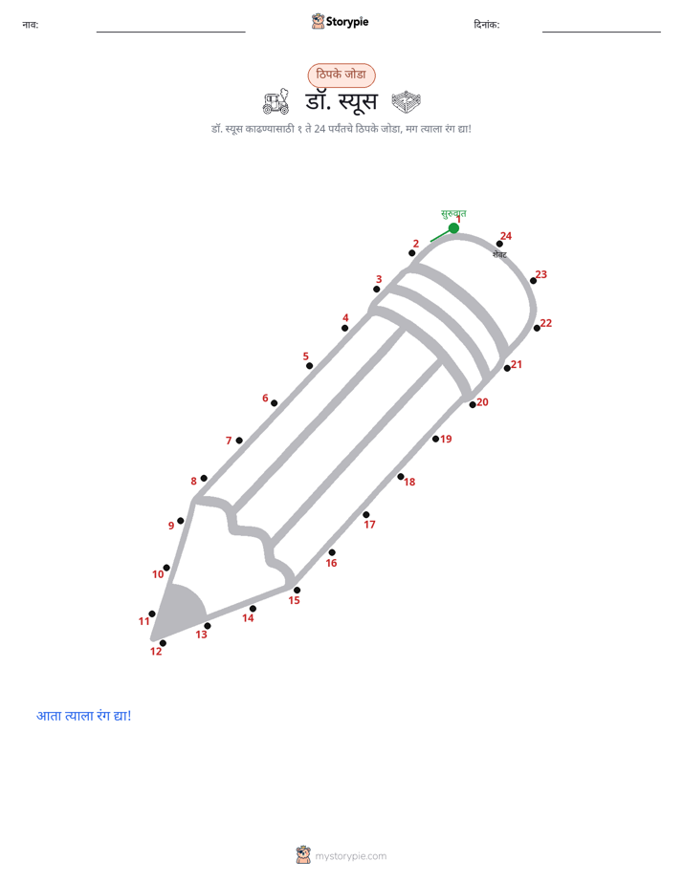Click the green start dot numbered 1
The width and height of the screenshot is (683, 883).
tap(453, 228)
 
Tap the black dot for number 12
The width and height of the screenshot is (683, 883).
tap(163, 643)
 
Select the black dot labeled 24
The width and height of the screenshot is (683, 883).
tap(499, 244)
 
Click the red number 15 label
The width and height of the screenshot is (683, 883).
tap(295, 600)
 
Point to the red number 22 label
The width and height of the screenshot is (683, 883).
tap(546, 323)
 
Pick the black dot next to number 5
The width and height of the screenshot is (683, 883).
tap(309, 366)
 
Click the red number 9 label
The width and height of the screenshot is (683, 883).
tap(171, 526)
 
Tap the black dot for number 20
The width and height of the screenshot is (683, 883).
tap(473, 405)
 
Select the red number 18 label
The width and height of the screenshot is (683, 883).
tap(409, 482)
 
